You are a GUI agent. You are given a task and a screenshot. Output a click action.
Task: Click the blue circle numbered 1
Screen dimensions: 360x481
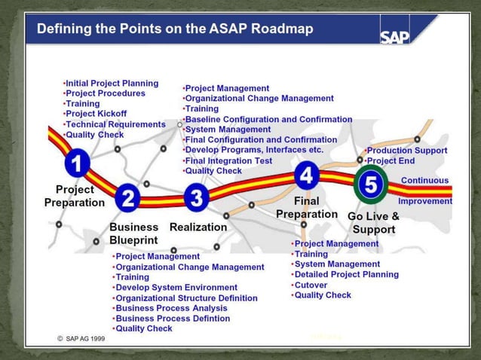78,163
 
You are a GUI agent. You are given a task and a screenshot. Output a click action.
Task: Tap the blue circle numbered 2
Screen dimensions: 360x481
128,199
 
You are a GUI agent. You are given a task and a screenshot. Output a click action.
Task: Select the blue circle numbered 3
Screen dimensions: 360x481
197,199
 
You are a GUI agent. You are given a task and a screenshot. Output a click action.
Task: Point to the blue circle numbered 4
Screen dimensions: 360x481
305,175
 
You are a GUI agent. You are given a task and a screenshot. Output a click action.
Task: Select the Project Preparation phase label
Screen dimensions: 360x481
75,196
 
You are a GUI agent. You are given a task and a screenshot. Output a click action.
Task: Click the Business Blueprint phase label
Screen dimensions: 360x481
134,233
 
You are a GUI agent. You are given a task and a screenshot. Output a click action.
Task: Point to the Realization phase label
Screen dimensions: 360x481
198,227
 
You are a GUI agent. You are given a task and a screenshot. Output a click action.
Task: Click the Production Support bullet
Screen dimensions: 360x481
406,151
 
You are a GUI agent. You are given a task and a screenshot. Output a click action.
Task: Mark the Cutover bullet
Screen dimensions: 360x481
310,285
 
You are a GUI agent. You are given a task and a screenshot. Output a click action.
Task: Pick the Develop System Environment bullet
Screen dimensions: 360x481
175,288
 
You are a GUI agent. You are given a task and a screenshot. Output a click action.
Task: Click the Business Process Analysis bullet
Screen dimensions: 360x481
170,308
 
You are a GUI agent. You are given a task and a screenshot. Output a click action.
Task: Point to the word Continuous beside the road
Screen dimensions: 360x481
424,181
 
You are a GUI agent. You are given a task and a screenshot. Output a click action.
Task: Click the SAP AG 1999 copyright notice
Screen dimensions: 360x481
81,339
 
